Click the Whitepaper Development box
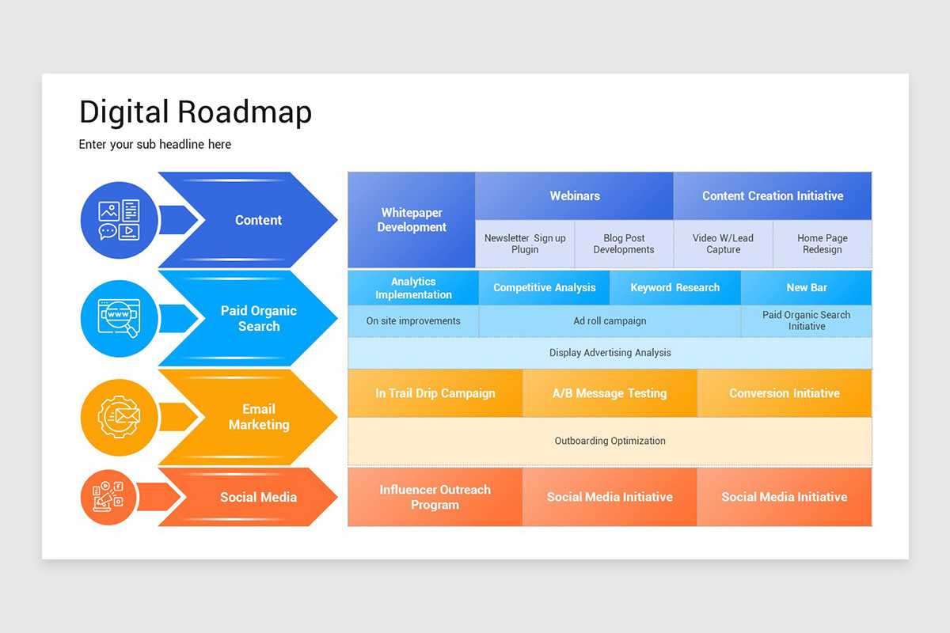coord(412,220)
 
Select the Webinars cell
coord(575,196)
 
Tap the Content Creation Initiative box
coord(773,196)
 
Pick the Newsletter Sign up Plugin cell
coord(525,244)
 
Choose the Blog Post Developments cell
coord(624,244)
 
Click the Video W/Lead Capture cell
coord(723,244)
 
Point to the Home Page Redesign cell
coord(822,244)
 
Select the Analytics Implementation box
coord(413,288)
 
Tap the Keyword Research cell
coord(675,288)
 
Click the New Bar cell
coord(807,288)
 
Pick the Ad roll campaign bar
coord(610,321)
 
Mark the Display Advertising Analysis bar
coord(610,353)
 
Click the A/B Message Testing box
coord(610,393)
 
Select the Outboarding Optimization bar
coord(610,441)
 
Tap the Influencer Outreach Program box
coord(435,497)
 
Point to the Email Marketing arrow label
coord(259,417)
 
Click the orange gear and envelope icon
coord(119,416)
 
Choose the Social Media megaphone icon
coord(108,497)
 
